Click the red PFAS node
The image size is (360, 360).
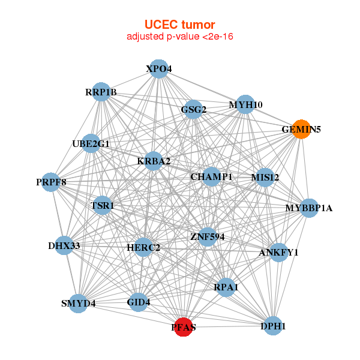[x=184, y=327]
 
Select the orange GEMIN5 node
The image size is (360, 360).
[x=302, y=129]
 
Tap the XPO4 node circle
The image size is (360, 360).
[x=158, y=69]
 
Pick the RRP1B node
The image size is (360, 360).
[x=101, y=92]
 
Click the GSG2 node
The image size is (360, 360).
[x=193, y=109]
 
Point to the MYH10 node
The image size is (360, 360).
[x=245, y=105]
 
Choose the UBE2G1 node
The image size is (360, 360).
[x=91, y=143]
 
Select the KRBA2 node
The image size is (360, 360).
[x=154, y=161]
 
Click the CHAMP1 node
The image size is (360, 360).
[x=211, y=176]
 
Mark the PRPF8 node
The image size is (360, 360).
[x=51, y=182]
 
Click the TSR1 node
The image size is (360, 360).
[x=102, y=205]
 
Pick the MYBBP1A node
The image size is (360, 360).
[x=308, y=208]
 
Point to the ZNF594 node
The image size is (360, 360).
[x=207, y=237]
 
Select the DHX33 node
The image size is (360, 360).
[x=64, y=245]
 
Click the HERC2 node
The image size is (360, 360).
[x=143, y=247]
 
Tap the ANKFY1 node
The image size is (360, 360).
[x=278, y=252]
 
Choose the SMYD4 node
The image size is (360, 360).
[x=79, y=303]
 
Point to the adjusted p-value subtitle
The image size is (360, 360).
[x=180, y=37]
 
